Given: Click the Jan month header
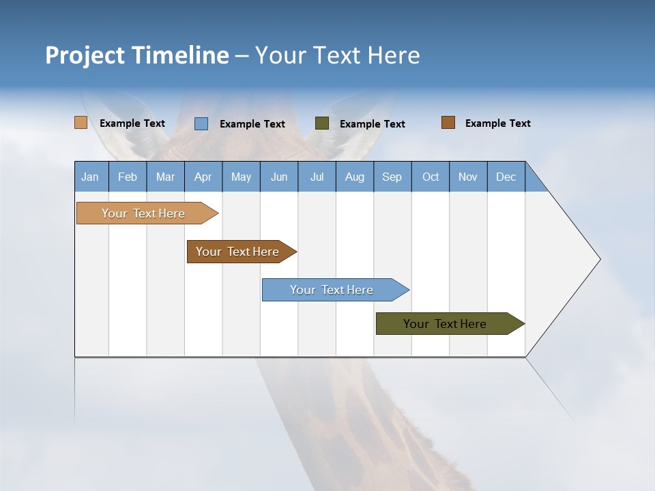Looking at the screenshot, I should coord(91,177).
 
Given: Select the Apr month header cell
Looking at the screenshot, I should coord(203,177).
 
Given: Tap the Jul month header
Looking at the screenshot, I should coord(317,177).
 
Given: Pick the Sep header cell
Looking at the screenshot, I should coord(392,177).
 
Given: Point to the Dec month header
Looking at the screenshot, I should coord(506,177).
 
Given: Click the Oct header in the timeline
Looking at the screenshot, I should coord(431,177).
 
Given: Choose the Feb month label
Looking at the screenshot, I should coord(128,177).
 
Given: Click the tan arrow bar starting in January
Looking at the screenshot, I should coord(144,213).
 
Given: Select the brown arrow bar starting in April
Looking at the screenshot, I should coord(238,252).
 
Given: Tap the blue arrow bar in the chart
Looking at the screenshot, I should coord(332,290).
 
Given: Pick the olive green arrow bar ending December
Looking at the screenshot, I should coord(446,324).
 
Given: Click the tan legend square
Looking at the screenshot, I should coord(81,123).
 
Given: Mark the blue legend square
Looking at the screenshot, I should coord(201,123).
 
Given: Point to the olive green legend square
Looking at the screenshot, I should coord(322,123).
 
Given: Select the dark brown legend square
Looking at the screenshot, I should coord(448,123).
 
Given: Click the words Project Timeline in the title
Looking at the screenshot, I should coord(136,55).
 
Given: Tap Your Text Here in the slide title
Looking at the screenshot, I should coord(338,55).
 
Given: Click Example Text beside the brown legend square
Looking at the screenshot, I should coord(497,123).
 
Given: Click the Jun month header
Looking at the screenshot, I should coord(279,177).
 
